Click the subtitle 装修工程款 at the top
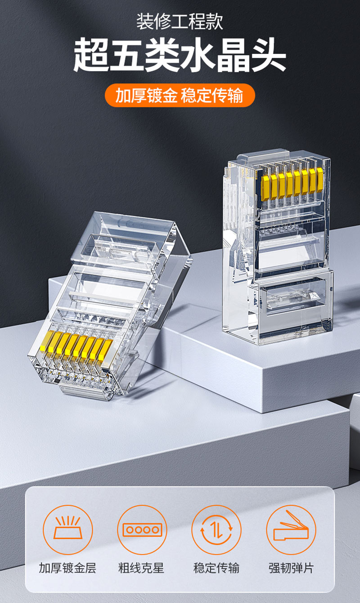pyautogui.click(x=180, y=22)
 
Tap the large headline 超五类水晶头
pyautogui.click(x=180, y=55)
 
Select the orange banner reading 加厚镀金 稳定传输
pyautogui.click(x=180, y=95)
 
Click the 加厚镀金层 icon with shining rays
pyautogui.click(x=67, y=530)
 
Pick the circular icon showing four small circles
pyautogui.click(x=142, y=530)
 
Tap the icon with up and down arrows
pyautogui.click(x=216, y=530)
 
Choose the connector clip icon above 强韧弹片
pyautogui.click(x=291, y=530)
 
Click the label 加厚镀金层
pyautogui.click(x=67, y=568)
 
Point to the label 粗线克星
pyautogui.click(x=141, y=568)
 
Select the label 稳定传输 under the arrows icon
pyautogui.click(x=216, y=568)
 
